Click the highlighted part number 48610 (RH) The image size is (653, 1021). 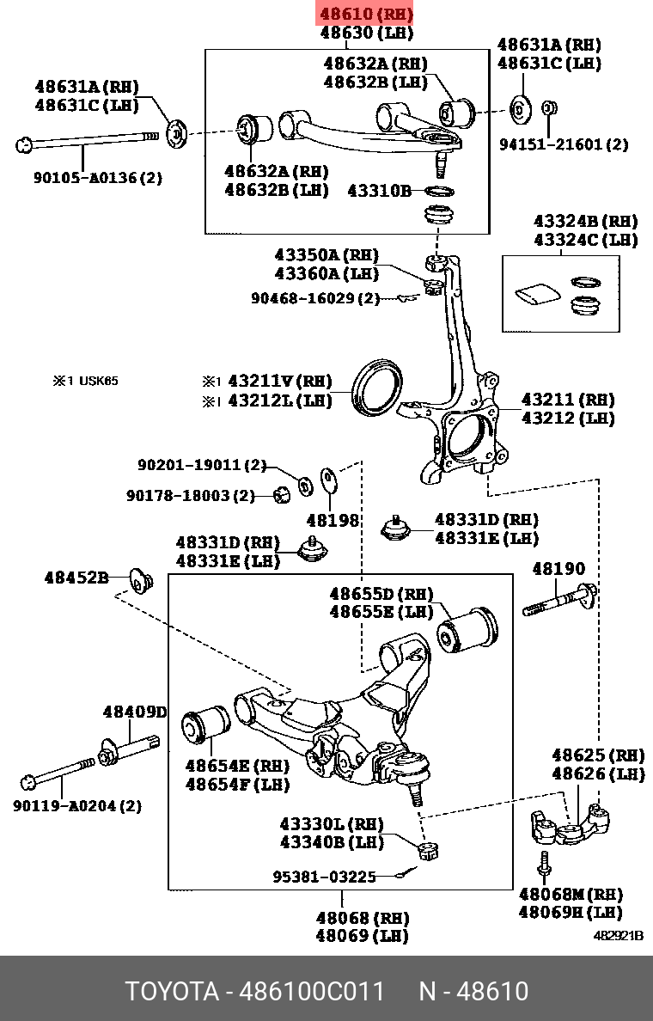coord(366,15)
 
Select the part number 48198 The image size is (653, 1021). coord(333,520)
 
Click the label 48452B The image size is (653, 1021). coord(76,578)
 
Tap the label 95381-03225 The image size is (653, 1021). coord(325,877)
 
